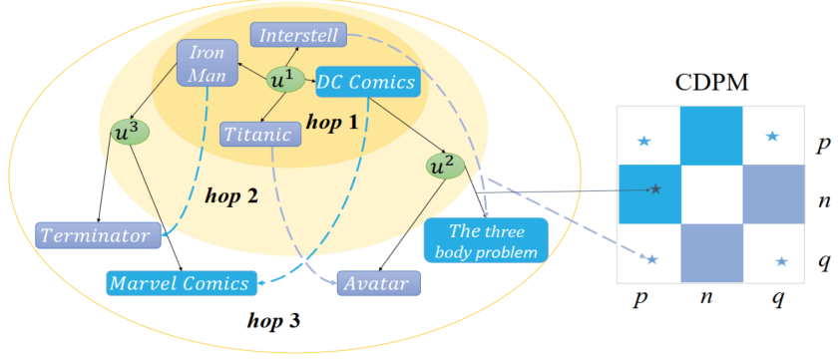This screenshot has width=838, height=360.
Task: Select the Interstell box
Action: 298,36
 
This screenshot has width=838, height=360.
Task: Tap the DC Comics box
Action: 365,83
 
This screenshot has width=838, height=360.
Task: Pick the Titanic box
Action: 257,134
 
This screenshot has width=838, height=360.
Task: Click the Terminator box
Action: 98,235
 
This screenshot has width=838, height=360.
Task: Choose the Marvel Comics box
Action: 181,283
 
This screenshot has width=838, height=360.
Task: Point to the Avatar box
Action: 379,284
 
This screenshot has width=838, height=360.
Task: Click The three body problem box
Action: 486,239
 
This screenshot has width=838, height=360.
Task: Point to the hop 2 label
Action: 230,192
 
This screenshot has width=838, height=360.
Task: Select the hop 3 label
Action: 273,321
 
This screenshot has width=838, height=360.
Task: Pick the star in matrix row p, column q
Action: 771,136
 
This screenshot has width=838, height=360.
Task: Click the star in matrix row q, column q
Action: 781,261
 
